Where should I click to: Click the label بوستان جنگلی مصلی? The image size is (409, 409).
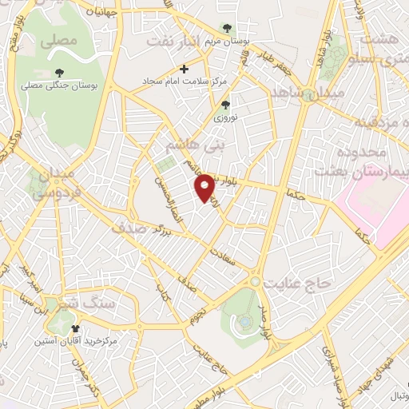tap(59, 84)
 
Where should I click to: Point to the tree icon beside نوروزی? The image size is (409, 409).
tap(225, 104)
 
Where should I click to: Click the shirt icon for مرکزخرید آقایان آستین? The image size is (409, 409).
tap(77, 328)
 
